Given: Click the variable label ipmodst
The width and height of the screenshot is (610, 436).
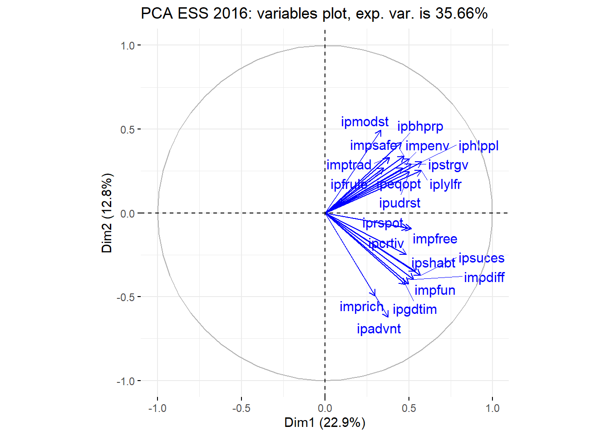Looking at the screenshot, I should (364, 122).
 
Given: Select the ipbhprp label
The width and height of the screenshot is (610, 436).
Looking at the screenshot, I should (420, 126).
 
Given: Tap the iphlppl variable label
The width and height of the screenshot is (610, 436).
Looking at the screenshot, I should (478, 146).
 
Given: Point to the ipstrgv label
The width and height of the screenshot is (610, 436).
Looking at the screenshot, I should (448, 165).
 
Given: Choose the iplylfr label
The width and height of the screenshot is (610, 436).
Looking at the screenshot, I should (445, 184).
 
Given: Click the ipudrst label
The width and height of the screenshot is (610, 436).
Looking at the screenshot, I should (399, 203).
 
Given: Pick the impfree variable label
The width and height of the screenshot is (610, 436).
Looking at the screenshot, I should (435, 239).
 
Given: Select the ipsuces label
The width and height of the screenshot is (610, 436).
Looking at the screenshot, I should (481, 258).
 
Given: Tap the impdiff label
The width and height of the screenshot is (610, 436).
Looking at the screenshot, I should (484, 277).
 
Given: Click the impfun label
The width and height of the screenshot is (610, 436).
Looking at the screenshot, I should (434, 290).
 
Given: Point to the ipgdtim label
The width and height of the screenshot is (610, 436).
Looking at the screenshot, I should (414, 309).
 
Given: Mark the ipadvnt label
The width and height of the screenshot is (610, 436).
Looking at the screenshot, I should (379, 329).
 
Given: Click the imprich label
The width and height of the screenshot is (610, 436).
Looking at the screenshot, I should (361, 307).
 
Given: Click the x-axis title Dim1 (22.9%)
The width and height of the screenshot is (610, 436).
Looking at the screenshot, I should (325, 423).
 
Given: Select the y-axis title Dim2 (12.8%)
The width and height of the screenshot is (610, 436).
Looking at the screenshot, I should (107, 213).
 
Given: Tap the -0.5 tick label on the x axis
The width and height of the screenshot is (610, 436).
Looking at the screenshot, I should (241, 408).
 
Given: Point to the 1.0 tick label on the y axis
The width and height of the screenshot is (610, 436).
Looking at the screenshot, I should (128, 45).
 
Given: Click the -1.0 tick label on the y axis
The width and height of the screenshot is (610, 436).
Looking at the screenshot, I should (126, 381).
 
